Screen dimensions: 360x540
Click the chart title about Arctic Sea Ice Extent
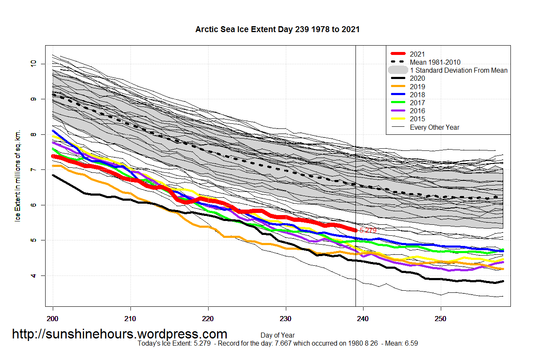coord(277,30)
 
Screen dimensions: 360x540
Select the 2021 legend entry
coord(417,54)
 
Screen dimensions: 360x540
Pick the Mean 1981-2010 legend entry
coord(435,62)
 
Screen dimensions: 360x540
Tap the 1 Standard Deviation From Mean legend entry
coord(459,70)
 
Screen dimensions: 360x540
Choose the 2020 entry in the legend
coord(417,78)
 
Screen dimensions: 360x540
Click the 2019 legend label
coord(417,87)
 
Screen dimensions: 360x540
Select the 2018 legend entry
coord(417,95)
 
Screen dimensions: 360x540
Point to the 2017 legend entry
coord(417,103)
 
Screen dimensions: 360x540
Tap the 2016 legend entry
coord(417,111)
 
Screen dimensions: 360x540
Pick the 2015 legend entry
coord(417,119)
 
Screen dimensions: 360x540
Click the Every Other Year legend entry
coord(434,127)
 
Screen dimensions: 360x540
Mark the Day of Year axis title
coord(277,335)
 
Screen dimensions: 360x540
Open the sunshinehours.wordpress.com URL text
coord(119,334)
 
